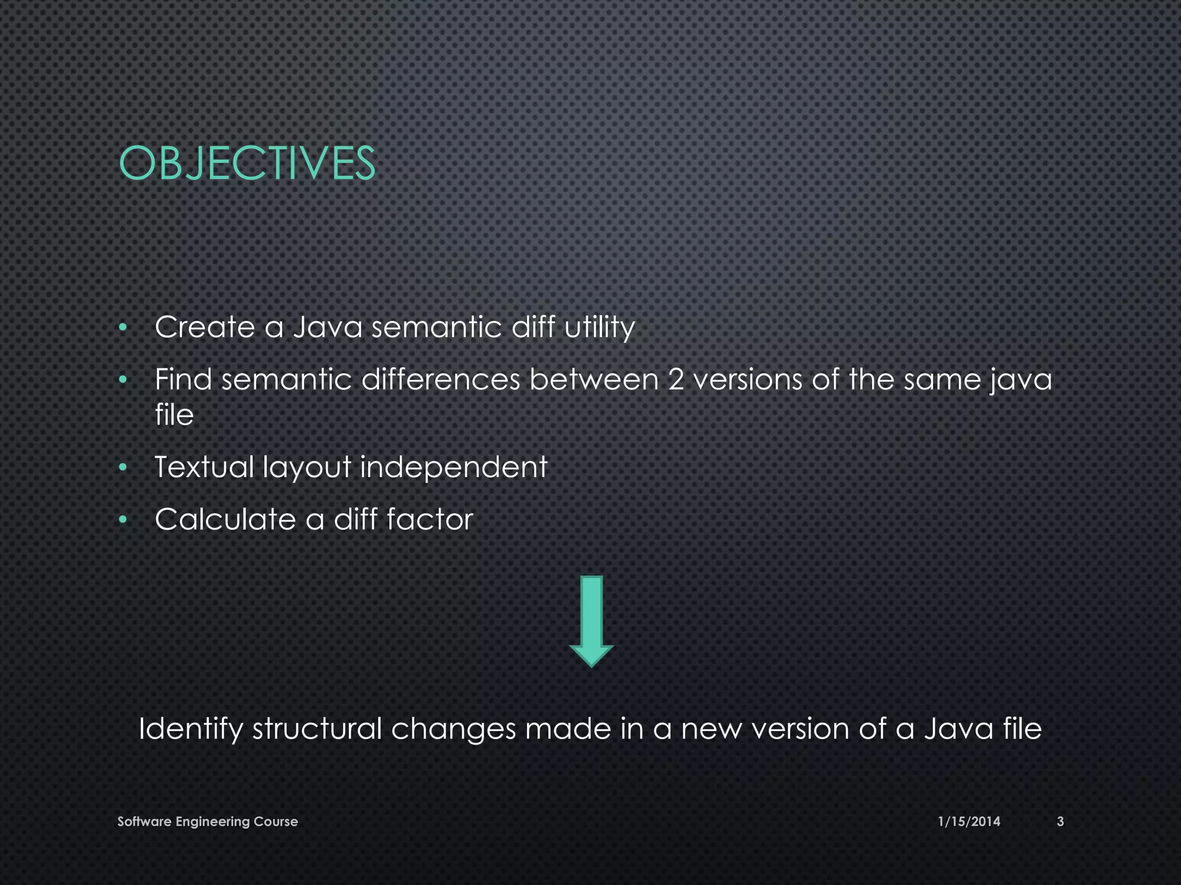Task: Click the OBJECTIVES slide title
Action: (247, 163)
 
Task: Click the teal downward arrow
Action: (591, 621)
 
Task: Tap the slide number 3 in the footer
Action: (1060, 821)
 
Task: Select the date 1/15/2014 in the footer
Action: (969, 821)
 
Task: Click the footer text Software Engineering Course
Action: (208, 821)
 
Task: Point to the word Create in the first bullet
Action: (205, 327)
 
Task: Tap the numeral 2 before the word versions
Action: (676, 380)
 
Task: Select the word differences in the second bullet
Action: (441, 380)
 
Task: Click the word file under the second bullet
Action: (174, 415)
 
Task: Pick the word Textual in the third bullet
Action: (204, 467)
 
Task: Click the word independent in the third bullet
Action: (453, 467)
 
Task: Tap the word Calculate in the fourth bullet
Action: (225, 519)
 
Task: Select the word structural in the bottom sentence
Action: (317, 729)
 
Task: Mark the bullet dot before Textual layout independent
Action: (122, 467)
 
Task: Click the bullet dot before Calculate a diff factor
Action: (122, 520)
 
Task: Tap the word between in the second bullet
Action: (594, 380)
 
